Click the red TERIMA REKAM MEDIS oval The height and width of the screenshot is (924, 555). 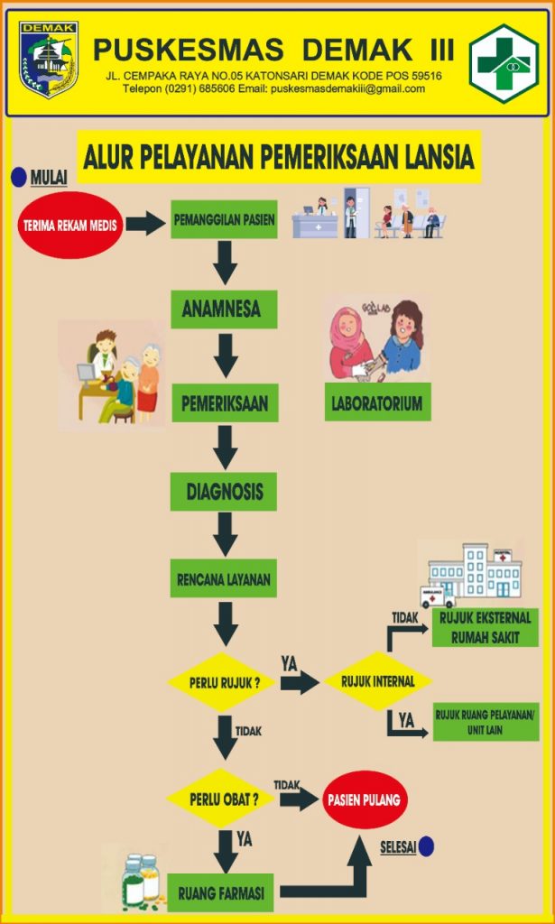click(x=69, y=225)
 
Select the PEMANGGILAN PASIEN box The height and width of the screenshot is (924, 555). click(x=224, y=219)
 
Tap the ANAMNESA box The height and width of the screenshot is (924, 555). click(x=224, y=310)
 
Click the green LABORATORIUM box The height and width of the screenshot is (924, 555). click(x=377, y=402)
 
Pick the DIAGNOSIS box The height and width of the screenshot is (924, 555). click(x=224, y=492)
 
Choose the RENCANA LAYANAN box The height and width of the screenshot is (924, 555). click(x=224, y=578)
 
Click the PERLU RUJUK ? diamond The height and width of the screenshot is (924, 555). click(x=221, y=681)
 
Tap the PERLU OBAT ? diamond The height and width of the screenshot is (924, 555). click(x=219, y=799)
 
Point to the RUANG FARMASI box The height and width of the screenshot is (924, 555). click(x=221, y=893)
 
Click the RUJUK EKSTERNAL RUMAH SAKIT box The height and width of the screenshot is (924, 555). click(x=486, y=628)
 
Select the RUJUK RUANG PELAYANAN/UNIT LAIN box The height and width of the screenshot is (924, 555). click(x=486, y=721)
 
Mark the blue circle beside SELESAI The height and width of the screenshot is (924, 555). click(x=427, y=846)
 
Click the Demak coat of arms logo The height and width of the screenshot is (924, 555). click(x=49, y=60)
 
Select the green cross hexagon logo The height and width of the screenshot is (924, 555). click(x=504, y=63)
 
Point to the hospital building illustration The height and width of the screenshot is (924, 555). click(x=476, y=569)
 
